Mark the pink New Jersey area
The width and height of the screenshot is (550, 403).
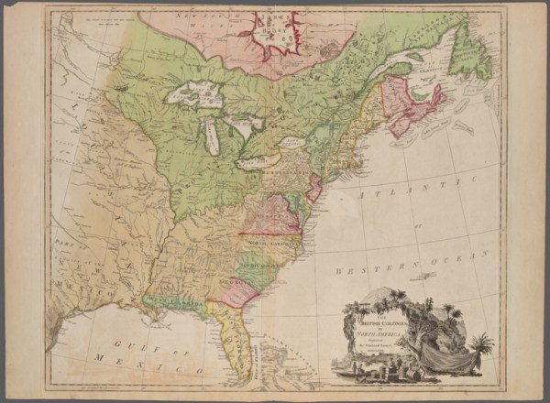tap(313, 188)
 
